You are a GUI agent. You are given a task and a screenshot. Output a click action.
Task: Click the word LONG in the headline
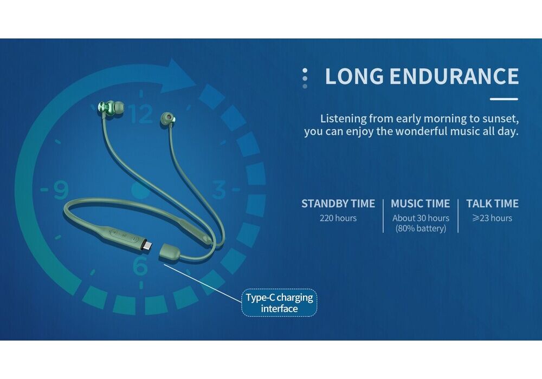[354, 76]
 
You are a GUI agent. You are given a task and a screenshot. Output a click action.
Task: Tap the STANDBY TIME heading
[338, 204]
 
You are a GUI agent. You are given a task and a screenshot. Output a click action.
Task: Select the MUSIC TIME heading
[421, 204]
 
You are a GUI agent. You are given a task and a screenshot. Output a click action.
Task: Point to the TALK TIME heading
[492, 204]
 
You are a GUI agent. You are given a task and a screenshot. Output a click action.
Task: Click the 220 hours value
[338, 218]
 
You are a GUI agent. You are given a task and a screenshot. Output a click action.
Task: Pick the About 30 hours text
[421, 218]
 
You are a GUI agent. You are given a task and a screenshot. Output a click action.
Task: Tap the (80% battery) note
[421, 228]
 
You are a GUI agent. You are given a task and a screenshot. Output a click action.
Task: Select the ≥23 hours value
[492, 218]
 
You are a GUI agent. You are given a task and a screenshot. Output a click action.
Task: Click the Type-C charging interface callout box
[279, 303]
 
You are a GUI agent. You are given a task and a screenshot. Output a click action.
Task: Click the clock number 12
[141, 114]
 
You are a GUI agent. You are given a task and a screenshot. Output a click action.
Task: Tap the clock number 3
[219, 190]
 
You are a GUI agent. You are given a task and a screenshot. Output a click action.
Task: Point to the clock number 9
[61, 190]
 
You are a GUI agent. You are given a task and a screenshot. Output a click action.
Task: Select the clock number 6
[140, 265]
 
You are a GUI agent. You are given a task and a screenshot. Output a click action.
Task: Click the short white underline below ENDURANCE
[504, 99]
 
